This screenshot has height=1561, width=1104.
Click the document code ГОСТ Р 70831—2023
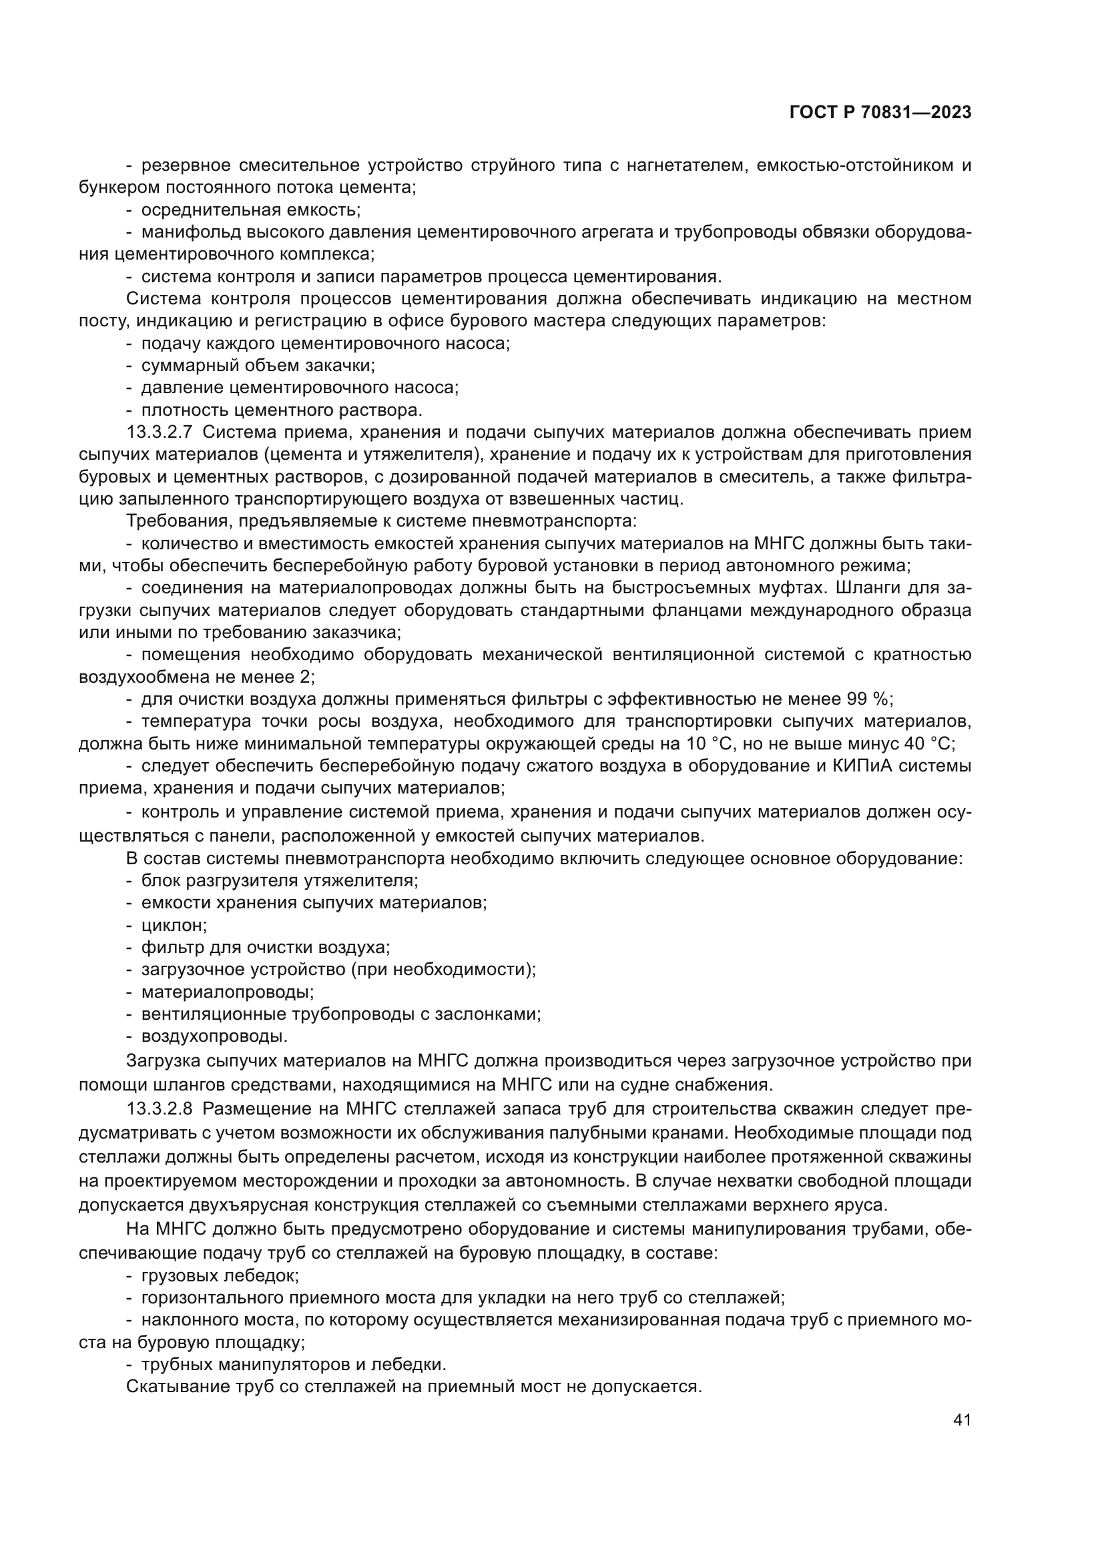(x=880, y=113)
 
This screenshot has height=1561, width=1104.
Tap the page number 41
(x=962, y=1420)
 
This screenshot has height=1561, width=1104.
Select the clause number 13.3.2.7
(x=160, y=432)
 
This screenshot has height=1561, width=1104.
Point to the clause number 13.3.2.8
(x=160, y=1109)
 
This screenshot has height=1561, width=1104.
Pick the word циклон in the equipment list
(x=174, y=924)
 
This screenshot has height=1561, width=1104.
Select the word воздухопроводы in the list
(x=214, y=1036)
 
